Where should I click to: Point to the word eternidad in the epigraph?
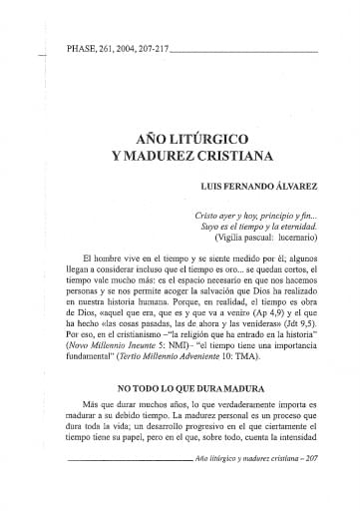click(295, 228)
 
